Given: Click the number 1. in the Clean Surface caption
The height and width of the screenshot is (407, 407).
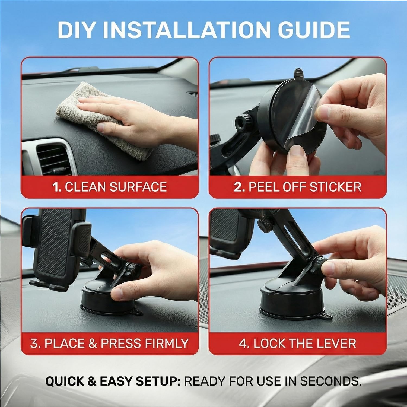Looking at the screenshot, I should tap(57, 187).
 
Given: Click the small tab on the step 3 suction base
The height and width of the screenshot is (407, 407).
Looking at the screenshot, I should tap(137, 313).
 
